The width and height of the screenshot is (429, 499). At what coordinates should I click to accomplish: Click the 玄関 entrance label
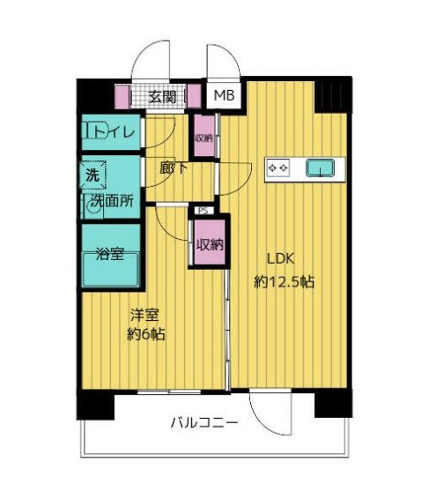(x=162, y=97)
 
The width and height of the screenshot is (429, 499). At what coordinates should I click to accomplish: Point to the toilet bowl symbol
(x=93, y=132)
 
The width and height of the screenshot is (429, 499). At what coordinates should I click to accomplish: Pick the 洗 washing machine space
(x=92, y=174)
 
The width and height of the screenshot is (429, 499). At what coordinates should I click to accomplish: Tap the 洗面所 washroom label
(x=113, y=201)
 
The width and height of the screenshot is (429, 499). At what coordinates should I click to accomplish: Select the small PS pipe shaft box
(x=203, y=211)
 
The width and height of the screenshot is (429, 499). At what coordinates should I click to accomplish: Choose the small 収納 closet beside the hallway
(x=203, y=138)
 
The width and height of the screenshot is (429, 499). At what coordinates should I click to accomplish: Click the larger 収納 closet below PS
(x=209, y=243)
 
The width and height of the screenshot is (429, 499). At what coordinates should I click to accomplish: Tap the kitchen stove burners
(x=278, y=167)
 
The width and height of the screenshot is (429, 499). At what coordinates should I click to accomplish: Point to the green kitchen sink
(x=318, y=167)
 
